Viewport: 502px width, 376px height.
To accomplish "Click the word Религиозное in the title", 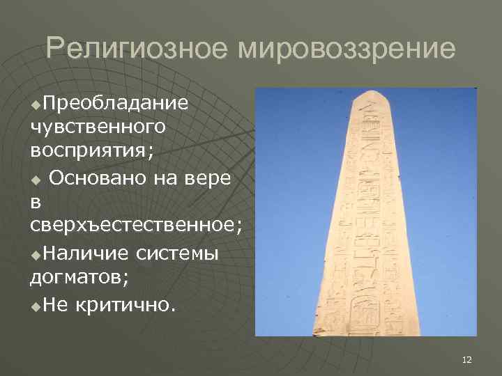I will click(x=137, y=49).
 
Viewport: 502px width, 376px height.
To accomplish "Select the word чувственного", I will click(x=98, y=127).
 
